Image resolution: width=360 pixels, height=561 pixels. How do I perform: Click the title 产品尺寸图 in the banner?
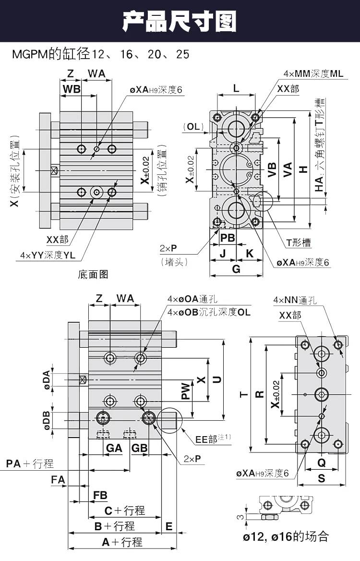tap(180, 21)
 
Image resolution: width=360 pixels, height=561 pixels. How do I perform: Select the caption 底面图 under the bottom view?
tap(93, 274)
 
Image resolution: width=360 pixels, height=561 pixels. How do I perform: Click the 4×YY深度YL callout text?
tap(48, 255)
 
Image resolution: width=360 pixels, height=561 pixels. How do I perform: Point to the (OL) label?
tap(193, 126)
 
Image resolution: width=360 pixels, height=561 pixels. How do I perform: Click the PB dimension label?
tap(228, 238)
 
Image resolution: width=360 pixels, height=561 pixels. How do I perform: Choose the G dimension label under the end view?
tap(236, 268)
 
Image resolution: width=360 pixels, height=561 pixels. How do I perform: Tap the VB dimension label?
tap(272, 170)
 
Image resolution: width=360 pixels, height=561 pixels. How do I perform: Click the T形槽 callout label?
tap(299, 243)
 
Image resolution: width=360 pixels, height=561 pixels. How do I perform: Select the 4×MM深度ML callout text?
tap(313, 73)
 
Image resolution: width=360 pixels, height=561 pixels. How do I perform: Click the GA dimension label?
tap(114, 448)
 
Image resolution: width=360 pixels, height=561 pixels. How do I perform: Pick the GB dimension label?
tap(139, 448)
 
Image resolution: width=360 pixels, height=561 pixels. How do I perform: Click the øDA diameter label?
tap(47, 379)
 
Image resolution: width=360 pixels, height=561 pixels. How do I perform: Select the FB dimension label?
tap(100, 495)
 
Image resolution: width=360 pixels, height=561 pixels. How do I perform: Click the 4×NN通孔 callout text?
tap(295, 300)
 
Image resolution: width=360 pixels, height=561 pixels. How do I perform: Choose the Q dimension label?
tap(322, 462)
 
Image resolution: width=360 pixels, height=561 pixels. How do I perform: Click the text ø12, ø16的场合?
tap(286, 537)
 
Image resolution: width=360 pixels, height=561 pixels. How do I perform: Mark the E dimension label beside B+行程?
tap(169, 526)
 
